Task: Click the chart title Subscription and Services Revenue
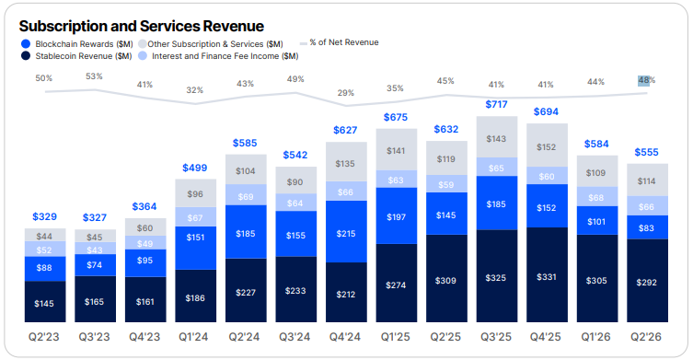[142, 26]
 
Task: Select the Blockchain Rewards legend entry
[77, 44]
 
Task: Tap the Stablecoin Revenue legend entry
[76, 56]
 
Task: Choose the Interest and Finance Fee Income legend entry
[218, 56]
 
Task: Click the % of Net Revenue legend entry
[339, 42]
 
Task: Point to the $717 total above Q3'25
[496, 104]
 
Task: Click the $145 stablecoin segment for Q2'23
[45, 302]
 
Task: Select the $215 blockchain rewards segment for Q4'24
[346, 231]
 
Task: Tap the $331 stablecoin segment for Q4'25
[547, 274]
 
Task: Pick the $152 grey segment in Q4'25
[547, 145]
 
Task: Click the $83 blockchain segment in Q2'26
[647, 227]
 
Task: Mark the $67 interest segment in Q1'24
[195, 216]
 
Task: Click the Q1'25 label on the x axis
[396, 337]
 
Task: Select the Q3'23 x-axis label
[94, 337]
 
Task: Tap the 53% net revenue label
[94, 76]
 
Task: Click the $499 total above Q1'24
[195, 168]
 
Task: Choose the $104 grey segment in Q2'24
[246, 169]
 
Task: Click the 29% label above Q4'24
[346, 93]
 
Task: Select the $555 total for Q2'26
[647, 152]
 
